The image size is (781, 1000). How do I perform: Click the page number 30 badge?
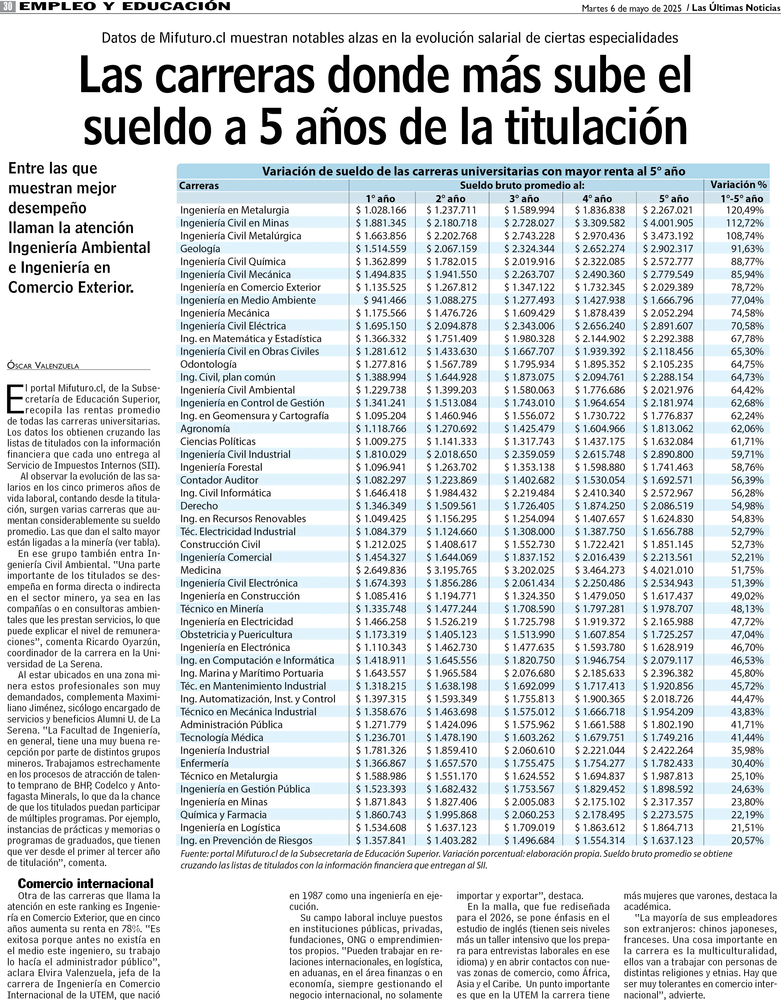pos(8,6)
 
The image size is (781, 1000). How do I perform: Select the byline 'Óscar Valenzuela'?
pos(43,365)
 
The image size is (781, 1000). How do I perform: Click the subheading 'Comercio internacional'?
pos(86,883)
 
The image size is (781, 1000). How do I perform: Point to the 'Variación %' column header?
pos(738,185)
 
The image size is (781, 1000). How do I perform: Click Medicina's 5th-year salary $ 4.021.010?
pos(668,570)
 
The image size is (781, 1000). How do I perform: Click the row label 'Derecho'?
pos(199,506)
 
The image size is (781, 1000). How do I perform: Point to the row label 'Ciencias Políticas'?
pos(218,441)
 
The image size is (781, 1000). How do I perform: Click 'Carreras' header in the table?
pos(199,185)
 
